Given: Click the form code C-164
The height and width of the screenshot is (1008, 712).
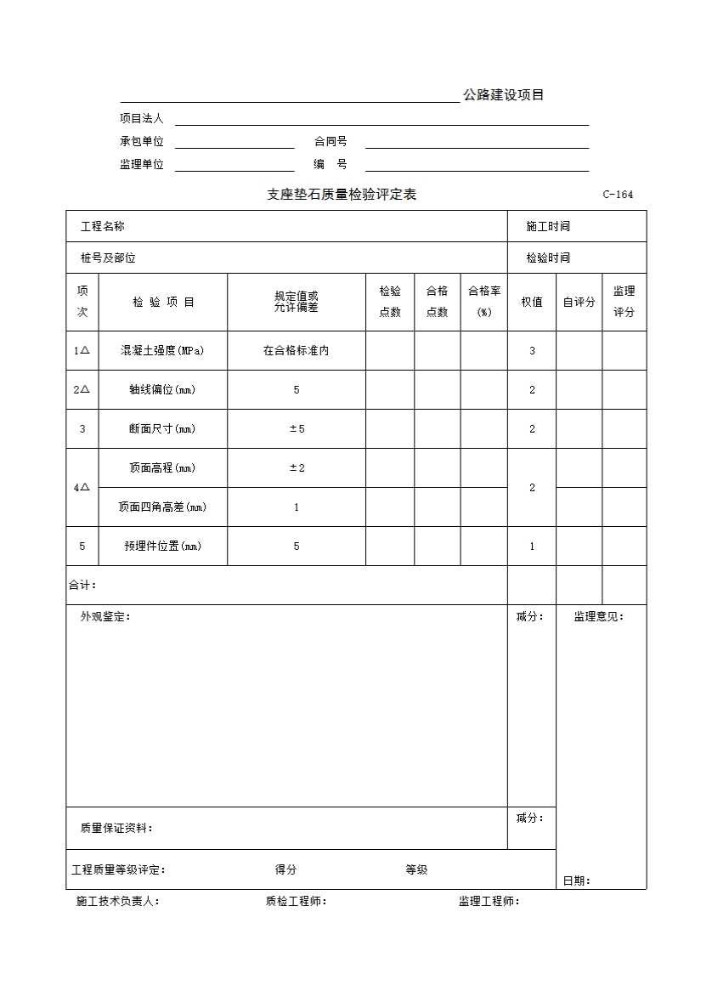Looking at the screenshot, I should [x=618, y=195].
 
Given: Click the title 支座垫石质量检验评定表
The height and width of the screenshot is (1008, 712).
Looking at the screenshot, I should [x=342, y=195].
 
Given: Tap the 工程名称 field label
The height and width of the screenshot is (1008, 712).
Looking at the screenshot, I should [x=103, y=226].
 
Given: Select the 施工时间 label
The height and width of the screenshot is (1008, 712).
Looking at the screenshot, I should [x=548, y=226].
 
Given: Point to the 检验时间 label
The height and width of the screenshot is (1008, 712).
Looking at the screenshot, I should [x=548, y=258].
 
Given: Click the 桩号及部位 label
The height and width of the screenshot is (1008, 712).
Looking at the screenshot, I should [x=108, y=258].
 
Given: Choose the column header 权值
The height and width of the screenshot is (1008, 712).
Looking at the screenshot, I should [x=532, y=302].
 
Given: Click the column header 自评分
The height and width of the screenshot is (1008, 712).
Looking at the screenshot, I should [x=579, y=302].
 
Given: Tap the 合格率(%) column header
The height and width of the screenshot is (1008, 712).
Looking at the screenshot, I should [x=484, y=302].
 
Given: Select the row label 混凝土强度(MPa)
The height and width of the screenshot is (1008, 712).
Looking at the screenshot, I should [x=162, y=350].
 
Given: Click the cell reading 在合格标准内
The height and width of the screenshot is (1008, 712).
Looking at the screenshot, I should [x=296, y=350].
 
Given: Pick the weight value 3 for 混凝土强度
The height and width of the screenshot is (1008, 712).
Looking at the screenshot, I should [x=532, y=350].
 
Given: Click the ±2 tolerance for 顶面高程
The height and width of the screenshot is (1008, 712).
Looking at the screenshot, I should [x=297, y=468].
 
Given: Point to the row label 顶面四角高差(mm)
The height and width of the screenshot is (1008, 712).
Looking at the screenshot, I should [x=162, y=507].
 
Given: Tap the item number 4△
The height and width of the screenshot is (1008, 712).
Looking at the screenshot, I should [x=82, y=488].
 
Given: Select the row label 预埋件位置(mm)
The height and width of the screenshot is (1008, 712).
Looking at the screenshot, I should [x=162, y=546].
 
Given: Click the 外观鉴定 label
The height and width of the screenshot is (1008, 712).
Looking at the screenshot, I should [x=105, y=617].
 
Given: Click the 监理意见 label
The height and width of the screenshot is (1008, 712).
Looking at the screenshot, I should [x=598, y=617].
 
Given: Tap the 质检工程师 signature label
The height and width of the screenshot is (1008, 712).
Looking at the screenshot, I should [x=296, y=902].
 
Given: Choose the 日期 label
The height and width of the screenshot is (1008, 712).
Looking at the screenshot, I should [x=576, y=881].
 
